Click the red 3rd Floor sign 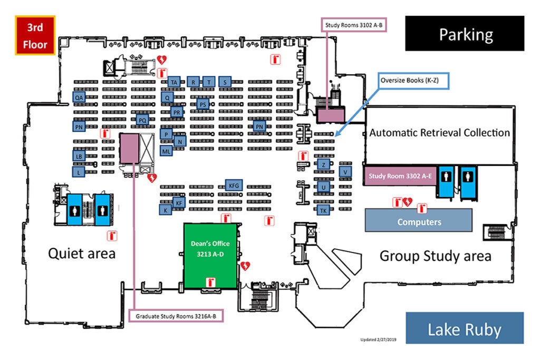click(x=35, y=35)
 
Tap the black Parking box click(x=465, y=33)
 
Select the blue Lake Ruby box click(x=465, y=328)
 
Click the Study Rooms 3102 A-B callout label click(x=354, y=25)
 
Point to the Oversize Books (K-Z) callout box click(x=413, y=81)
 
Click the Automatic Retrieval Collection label click(x=439, y=133)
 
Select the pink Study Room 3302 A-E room click(x=400, y=176)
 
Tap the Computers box click(x=419, y=220)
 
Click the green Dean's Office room click(x=210, y=256)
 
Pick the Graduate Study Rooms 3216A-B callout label click(x=176, y=316)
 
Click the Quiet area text click(x=82, y=254)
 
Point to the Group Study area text click(x=435, y=256)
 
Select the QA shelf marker click(x=79, y=98)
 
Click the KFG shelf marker click(x=234, y=186)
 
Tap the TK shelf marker click(x=323, y=210)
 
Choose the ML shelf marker click(x=166, y=151)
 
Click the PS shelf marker click(x=203, y=105)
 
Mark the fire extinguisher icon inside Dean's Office click(x=210, y=282)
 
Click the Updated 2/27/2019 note click(x=378, y=339)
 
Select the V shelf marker click(x=345, y=172)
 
